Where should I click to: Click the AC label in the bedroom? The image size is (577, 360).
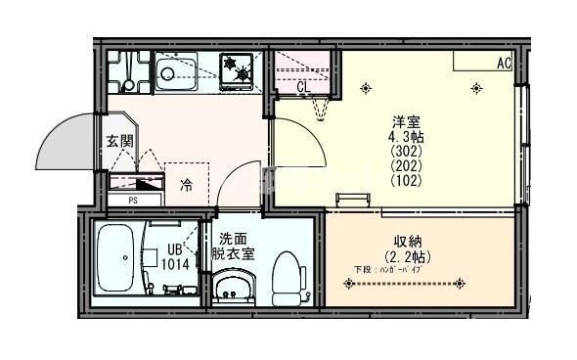tap(503, 63)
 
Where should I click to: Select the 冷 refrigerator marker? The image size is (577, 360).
tap(185, 183)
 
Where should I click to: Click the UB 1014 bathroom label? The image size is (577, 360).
tap(176, 256)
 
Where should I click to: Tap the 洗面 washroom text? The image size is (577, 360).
tap(232, 238)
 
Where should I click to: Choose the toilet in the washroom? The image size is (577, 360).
tap(287, 276)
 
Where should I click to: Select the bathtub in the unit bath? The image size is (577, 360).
tap(118, 258)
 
